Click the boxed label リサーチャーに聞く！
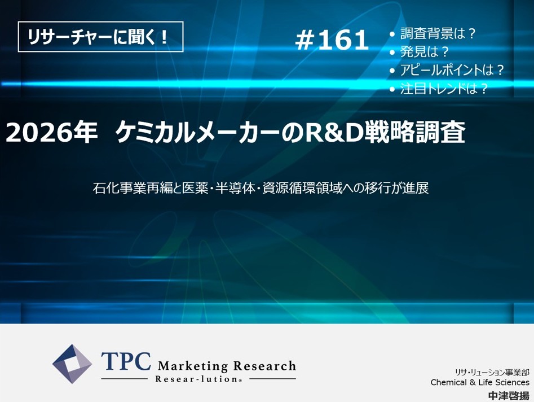point(100,37)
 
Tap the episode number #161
point(332,40)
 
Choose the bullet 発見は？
point(424,52)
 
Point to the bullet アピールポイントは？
point(452,70)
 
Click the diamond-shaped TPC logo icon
point(72,364)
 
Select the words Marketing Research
point(227,366)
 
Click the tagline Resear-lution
point(197,379)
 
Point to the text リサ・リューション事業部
point(492,372)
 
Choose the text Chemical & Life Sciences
point(480,383)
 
